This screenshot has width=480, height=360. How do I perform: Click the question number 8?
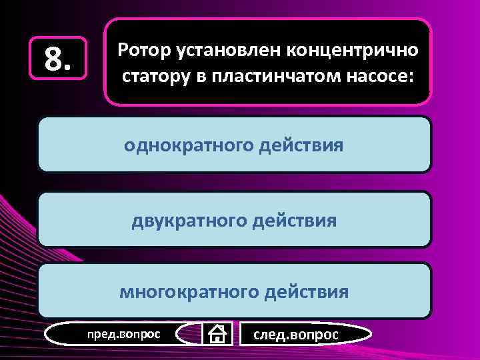(58, 61)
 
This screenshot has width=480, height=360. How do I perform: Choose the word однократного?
(189, 145)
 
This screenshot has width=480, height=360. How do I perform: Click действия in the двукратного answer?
(299, 219)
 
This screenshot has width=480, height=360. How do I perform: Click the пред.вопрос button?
(124, 333)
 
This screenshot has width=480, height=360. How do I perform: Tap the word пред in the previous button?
(100, 333)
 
